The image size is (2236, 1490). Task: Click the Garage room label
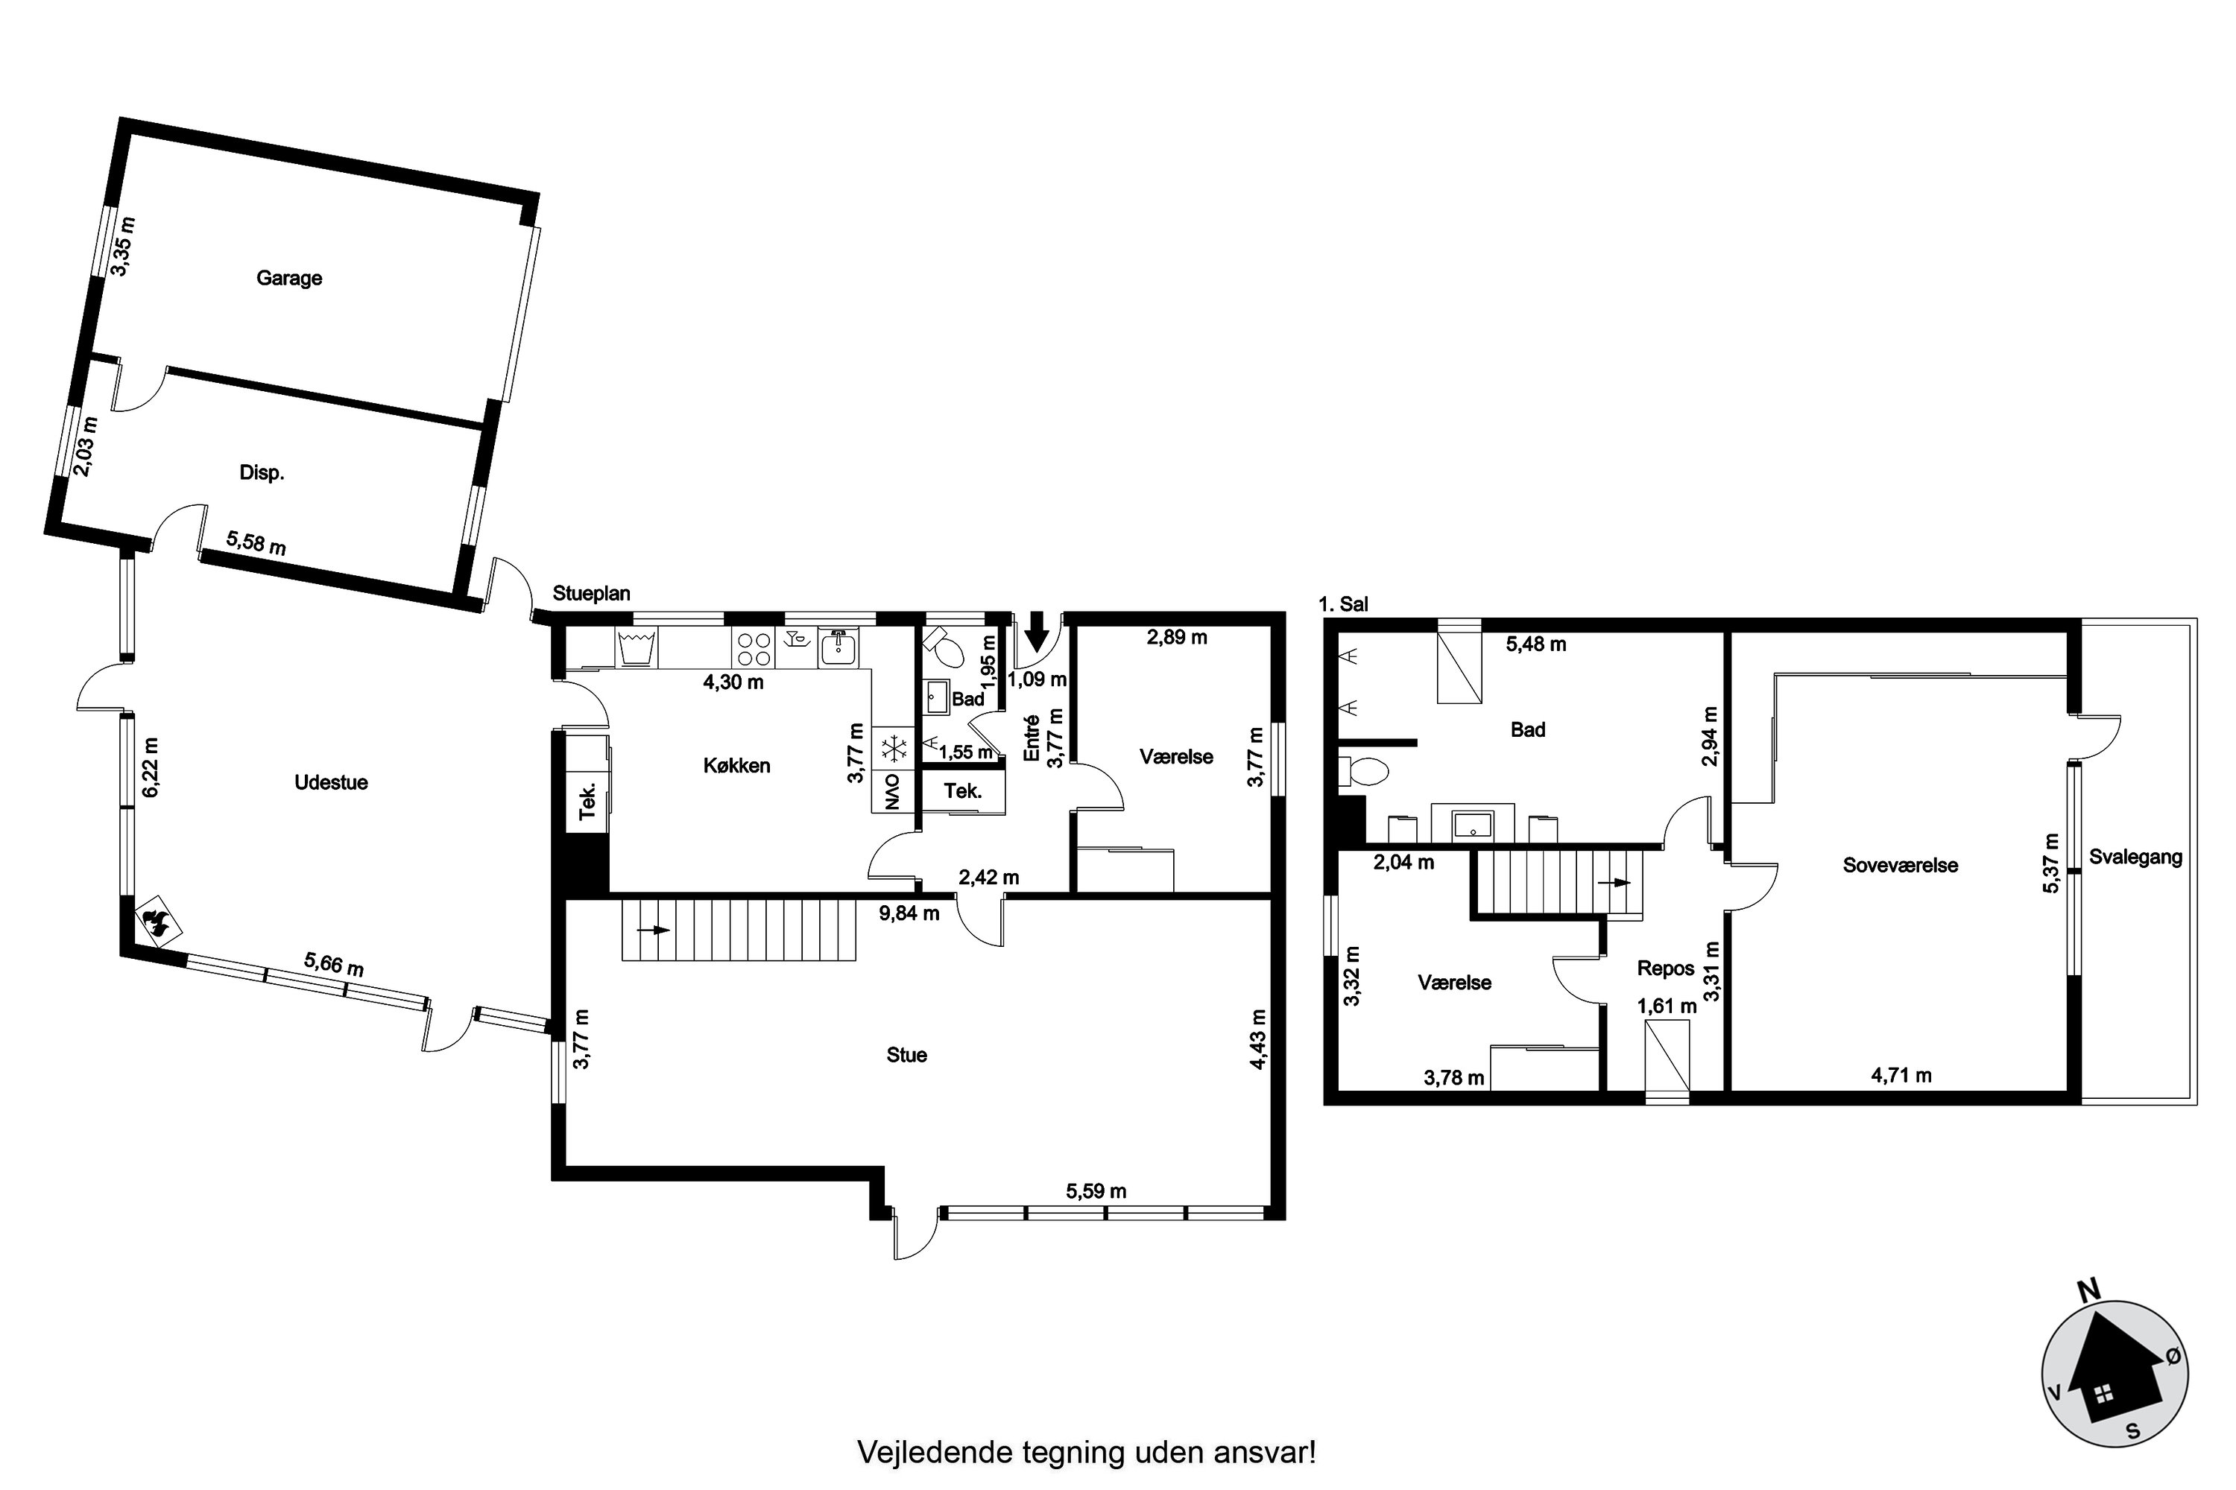coord(289,279)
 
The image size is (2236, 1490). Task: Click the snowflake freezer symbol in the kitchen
coord(894,749)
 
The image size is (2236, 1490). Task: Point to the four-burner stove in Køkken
coord(753,648)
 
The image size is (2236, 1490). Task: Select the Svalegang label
coord(2135,857)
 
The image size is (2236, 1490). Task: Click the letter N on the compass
coord(2088,1290)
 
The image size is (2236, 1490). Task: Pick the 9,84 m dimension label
coord(909,913)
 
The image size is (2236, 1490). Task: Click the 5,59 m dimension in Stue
coord(1096,1191)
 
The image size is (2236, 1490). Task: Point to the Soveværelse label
coord(1901,865)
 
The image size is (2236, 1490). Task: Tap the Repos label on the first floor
coord(1666,968)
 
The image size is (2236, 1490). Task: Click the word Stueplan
coord(591,593)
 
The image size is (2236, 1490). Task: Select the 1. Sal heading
coord(1343,604)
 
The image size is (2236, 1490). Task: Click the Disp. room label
coord(262,473)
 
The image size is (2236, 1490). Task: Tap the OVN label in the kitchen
coord(891,790)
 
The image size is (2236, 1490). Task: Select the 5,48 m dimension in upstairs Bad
coord(1536,644)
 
